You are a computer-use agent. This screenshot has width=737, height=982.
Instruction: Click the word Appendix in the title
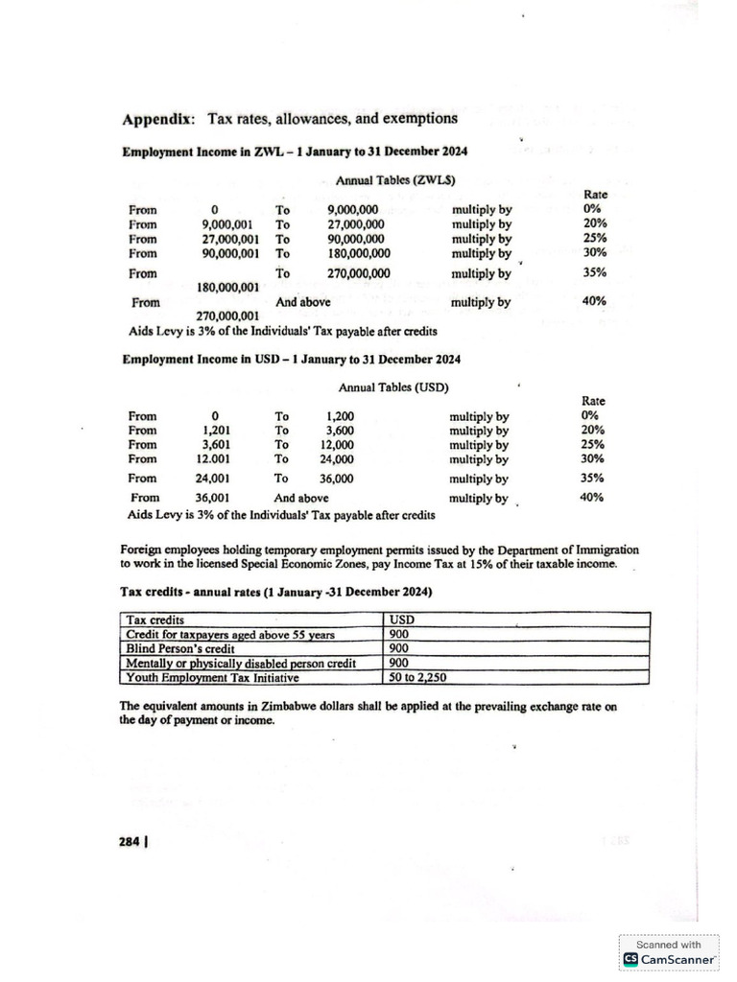pos(158,120)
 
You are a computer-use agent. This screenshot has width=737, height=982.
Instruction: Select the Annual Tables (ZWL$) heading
pos(394,179)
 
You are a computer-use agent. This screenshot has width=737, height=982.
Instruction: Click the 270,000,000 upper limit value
pos(359,272)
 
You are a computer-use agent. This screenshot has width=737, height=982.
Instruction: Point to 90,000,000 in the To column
pos(355,239)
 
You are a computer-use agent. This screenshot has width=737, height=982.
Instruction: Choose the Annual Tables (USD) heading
pos(393,387)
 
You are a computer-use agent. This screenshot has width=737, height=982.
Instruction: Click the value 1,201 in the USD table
pos(213,431)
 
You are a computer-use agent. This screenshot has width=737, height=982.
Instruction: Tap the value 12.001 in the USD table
pos(212,458)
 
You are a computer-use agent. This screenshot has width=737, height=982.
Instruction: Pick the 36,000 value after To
pos(336,479)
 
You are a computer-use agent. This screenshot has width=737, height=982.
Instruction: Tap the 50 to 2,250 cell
pos(418,677)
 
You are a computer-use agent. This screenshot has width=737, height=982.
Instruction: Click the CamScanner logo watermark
pos(669,958)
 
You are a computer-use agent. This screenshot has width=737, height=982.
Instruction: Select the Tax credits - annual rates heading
pos(276,593)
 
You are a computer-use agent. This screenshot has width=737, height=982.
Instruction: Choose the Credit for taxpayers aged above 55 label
pos(229,634)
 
